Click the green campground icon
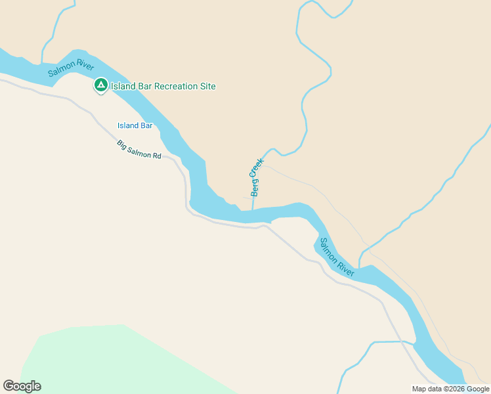tap(100, 85)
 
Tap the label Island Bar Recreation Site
tap(163, 86)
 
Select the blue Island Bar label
tap(135, 125)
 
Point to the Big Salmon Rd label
tap(139, 150)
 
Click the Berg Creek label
tap(256, 177)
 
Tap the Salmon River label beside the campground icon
tap(72, 72)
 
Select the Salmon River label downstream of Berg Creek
tap(337, 257)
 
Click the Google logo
tap(22, 386)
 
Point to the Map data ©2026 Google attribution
tap(450, 389)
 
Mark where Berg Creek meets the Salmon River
tap(253, 210)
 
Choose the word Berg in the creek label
tap(254, 188)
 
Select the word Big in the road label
tap(121, 143)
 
